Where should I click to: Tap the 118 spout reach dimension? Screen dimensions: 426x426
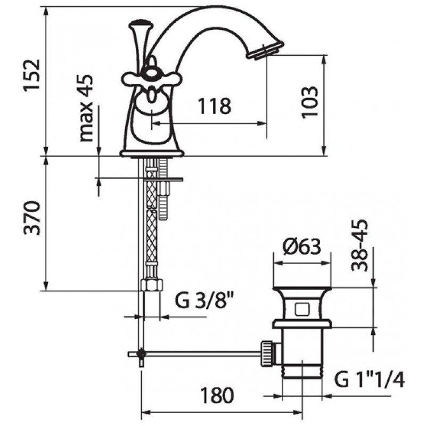tap(215, 105)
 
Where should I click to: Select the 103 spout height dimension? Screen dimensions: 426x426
tap(310, 102)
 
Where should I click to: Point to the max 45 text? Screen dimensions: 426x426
tap(86, 108)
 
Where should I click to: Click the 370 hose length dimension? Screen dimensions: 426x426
tap(32, 218)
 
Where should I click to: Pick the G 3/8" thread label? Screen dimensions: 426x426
tap(205, 300)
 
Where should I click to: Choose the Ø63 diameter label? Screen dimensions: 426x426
tap(302, 247)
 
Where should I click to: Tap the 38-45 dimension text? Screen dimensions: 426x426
tap(359, 245)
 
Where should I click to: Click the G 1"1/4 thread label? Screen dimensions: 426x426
tap(370, 379)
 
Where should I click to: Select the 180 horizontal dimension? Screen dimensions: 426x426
tap(217, 396)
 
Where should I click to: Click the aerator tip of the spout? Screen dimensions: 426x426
tap(265, 50)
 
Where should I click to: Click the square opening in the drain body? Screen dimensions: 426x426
tap(302, 309)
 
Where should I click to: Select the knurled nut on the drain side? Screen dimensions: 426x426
tap(267, 353)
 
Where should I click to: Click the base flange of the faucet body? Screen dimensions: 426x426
tap(152, 154)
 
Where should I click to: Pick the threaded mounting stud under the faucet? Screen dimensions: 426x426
tap(163, 189)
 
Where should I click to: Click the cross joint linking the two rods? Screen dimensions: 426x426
tap(142, 354)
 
